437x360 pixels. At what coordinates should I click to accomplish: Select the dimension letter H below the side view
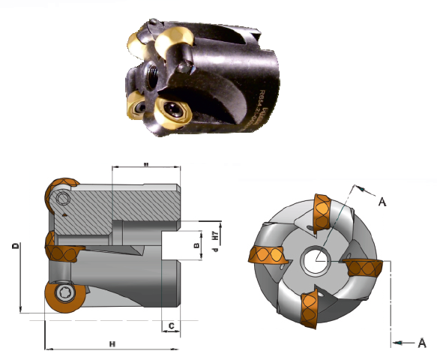coord(112,343)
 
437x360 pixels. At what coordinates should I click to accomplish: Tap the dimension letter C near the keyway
coord(172,325)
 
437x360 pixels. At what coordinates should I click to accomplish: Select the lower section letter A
coord(422,342)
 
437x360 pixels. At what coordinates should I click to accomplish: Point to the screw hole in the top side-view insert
coord(61,198)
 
